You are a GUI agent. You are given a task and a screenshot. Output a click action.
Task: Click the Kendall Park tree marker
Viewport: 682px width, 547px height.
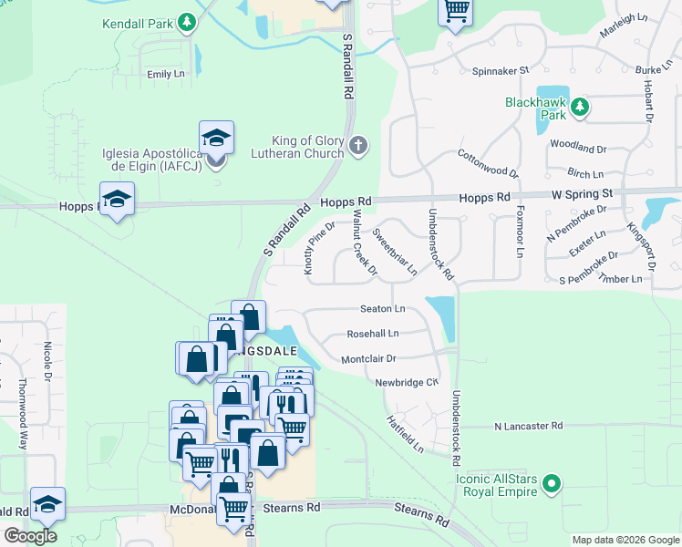pos(188,21)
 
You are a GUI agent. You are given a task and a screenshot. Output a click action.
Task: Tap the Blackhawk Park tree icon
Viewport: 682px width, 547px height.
pos(579,109)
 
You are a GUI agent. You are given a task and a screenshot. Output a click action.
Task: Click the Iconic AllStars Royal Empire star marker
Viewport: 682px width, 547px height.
pos(550,484)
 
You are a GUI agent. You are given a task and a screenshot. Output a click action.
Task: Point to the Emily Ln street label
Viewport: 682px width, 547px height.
pos(165,74)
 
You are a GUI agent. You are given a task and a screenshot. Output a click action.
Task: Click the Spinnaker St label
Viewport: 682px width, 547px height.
pos(500,70)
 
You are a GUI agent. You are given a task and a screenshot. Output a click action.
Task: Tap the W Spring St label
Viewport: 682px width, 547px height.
pos(582,195)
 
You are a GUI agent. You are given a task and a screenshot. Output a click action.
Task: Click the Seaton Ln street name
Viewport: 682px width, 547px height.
pos(382,310)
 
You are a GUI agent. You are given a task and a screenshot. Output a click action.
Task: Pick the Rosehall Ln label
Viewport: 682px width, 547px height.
pos(373,335)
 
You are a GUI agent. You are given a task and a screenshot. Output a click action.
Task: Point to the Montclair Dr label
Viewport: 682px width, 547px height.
pos(368,359)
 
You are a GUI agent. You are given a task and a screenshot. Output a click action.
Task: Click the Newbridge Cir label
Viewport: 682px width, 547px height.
pos(407,383)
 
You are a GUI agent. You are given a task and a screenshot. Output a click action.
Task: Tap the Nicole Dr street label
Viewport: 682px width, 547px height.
pos(47,360)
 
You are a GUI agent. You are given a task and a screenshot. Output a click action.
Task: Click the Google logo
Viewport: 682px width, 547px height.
pos(30,535)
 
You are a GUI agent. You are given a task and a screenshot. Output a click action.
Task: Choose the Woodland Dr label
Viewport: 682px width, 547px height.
pos(577,148)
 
